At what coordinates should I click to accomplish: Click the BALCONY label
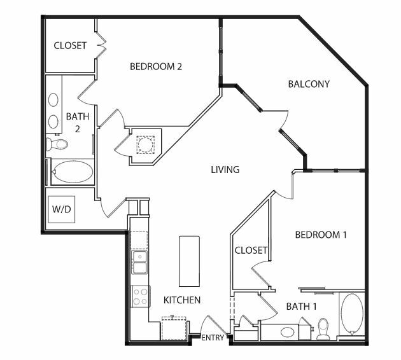tap(309, 84)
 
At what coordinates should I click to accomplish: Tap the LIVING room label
tap(225, 170)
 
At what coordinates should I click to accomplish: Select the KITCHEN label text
tap(182, 300)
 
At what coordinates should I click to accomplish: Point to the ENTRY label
tap(213, 338)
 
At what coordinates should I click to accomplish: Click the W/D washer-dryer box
tap(62, 209)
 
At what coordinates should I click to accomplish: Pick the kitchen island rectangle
tap(189, 261)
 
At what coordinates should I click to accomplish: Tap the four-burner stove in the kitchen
tap(141, 296)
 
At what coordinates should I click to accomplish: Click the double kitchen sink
tap(139, 262)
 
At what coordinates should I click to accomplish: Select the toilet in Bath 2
tap(57, 144)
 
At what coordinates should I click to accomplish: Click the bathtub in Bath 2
tap(73, 172)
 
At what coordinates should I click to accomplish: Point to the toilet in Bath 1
tap(323, 329)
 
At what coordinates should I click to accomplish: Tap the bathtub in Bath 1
tap(352, 314)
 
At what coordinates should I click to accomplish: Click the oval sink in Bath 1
tap(288, 333)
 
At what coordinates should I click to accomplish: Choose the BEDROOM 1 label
tap(321, 235)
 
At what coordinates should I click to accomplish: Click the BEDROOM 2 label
tap(156, 67)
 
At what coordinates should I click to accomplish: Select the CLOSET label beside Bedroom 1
tap(251, 250)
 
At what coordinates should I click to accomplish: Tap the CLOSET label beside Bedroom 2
tap(70, 46)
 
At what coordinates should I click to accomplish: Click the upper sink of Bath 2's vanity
tap(53, 100)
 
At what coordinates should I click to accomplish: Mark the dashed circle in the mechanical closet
tap(146, 145)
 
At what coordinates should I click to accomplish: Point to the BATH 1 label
tap(301, 306)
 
